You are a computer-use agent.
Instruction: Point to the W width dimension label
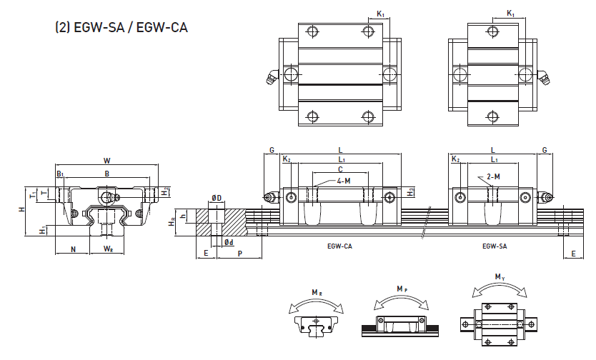point(106,160)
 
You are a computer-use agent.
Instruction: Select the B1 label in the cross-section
point(60,174)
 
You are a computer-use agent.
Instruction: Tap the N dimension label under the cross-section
point(73,249)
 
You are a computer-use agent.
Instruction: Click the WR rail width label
point(108,249)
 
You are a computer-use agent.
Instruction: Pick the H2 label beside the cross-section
point(165,191)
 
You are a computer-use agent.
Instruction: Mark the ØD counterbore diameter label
point(217,197)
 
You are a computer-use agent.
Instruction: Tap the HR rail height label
point(172,223)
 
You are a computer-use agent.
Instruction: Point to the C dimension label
point(340,170)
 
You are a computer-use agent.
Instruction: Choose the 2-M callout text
point(492,176)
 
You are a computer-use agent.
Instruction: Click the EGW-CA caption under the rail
point(339,246)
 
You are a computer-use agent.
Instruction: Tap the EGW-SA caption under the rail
point(495,246)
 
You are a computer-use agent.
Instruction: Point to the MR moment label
point(316,292)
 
